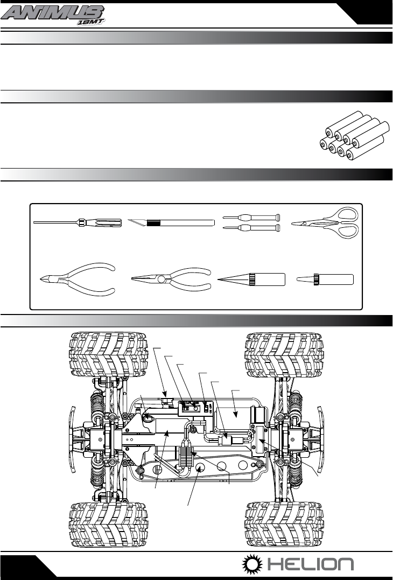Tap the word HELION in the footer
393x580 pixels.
(311, 564)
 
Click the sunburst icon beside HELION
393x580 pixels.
(252, 564)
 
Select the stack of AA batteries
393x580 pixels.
(354, 135)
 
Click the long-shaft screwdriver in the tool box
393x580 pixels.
(78, 222)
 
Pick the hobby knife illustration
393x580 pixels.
(171, 222)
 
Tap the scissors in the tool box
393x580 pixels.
(325, 222)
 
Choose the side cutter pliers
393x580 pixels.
(78, 279)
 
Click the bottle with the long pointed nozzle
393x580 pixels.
(251, 279)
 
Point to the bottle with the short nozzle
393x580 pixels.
(325, 279)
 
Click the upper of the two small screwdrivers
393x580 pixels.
(251, 217)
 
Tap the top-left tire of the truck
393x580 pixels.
(108, 354)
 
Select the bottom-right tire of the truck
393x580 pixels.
(284, 525)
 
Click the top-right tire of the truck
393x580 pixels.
(284, 354)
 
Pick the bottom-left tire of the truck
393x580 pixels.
(108, 525)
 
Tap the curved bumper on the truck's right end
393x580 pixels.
(321, 439)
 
